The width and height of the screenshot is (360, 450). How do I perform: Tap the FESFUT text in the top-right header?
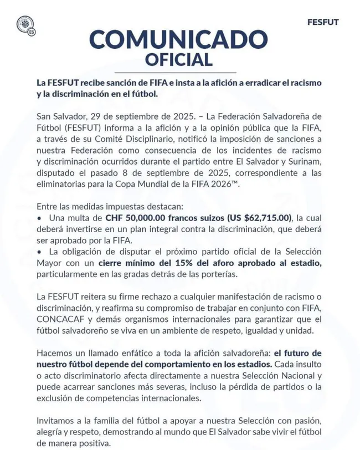point(322,22)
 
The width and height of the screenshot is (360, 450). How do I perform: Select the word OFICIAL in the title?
point(178,59)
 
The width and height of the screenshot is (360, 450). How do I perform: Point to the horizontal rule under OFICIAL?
point(178,73)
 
